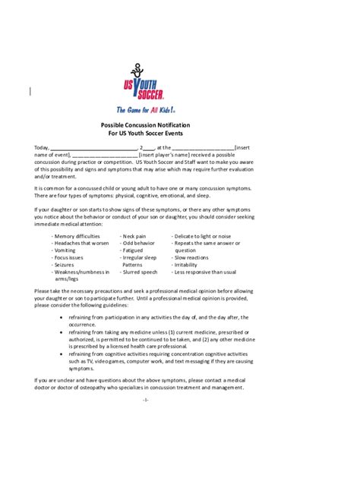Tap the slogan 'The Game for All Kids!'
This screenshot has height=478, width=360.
tap(146, 109)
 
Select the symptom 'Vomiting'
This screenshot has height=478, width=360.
tap(64, 250)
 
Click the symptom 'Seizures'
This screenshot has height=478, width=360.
tap(64, 264)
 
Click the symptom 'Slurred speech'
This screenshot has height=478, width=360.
tap(139, 272)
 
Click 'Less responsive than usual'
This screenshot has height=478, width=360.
tap(204, 272)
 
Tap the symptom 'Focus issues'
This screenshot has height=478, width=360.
tap(68, 257)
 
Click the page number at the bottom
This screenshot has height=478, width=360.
tap(146, 398)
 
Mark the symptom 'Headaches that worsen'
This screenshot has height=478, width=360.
tap(80, 244)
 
